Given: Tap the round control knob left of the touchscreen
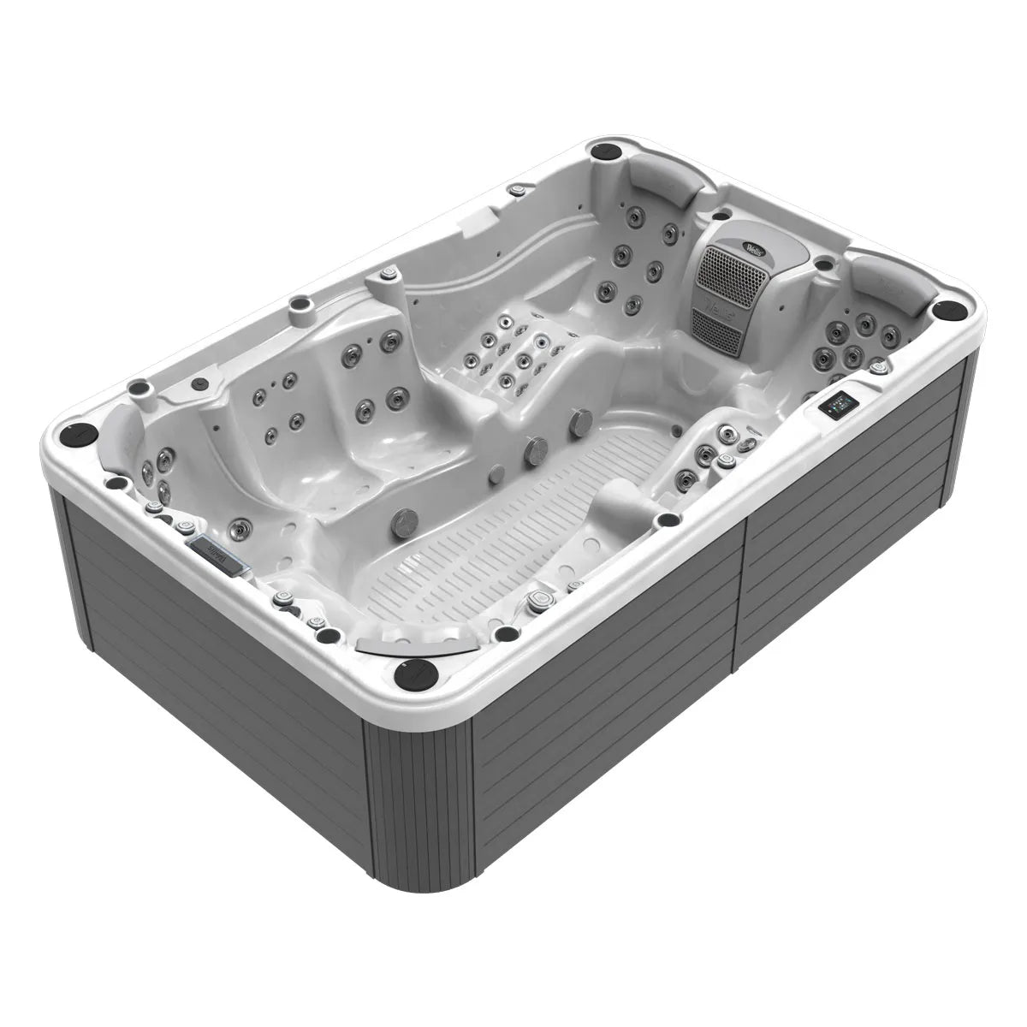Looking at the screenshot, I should coord(877,368).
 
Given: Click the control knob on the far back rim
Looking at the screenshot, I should coord(516,188).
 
